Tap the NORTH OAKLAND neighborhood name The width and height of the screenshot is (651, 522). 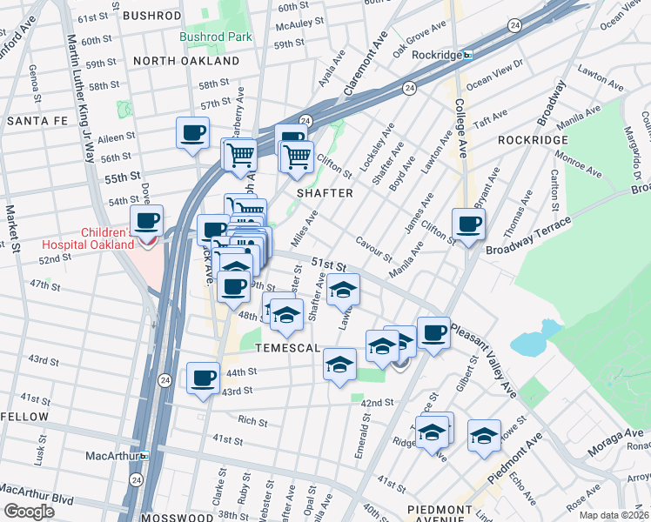point(186,62)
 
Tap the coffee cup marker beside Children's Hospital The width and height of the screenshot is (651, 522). point(146,222)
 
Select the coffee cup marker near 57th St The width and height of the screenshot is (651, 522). point(192,134)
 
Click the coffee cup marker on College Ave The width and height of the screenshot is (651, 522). point(468,224)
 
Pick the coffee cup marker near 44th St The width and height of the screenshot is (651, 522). point(203,378)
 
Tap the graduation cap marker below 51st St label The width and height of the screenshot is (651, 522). point(344,290)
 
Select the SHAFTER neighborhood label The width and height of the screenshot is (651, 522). point(325,193)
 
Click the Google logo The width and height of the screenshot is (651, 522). point(28,512)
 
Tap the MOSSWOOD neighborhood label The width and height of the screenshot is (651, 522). point(171,517)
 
